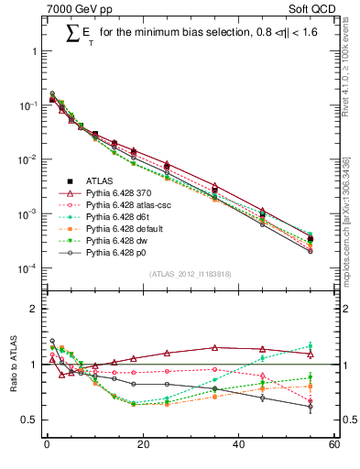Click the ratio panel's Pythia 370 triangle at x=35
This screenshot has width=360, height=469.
(x=214, y=347)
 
